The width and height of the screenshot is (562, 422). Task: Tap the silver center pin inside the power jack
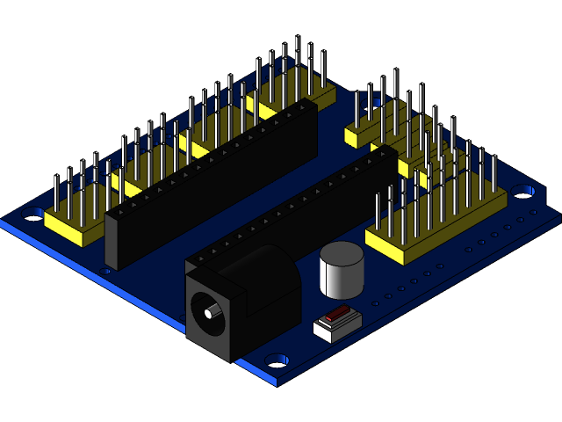pyautogui.click(x=208, y=312)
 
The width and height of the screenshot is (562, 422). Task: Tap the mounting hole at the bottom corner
pyautogui.click(x=277, y=360)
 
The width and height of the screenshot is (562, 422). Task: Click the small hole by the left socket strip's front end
pyautogui.click(x=107, y=272)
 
